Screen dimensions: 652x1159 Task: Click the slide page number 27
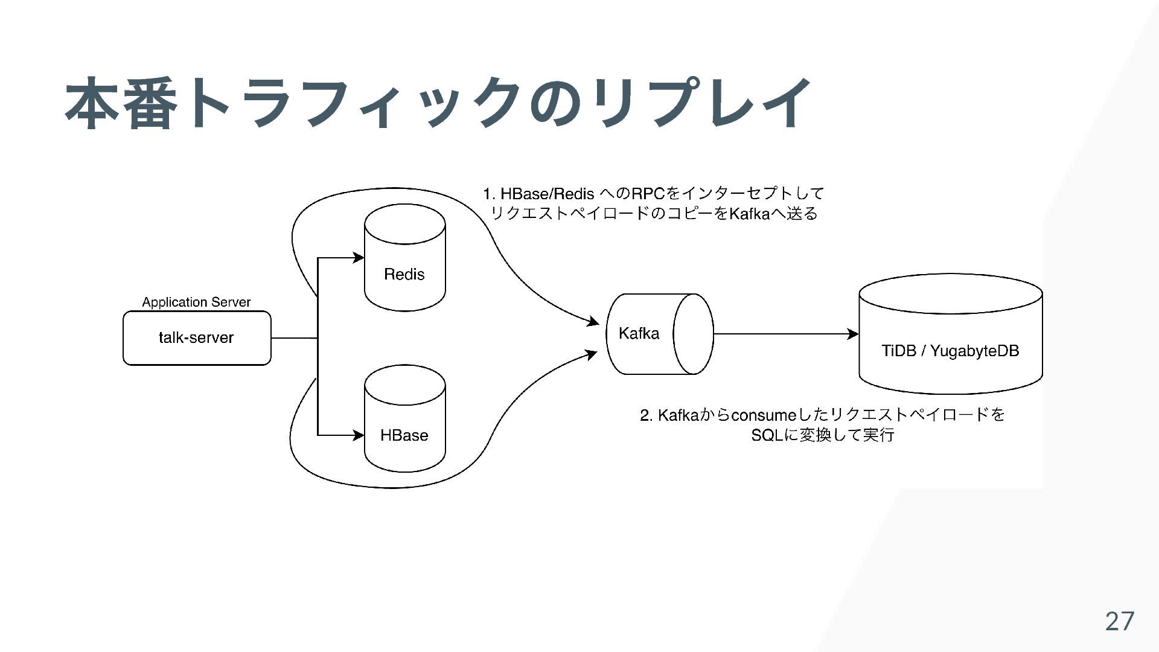1119,621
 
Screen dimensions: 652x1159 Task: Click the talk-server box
197,338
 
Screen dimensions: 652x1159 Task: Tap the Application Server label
196,302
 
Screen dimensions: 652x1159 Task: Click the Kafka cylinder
659,334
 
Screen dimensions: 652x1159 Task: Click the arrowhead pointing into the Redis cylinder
359,258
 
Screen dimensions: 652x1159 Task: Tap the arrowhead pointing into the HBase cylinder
359,435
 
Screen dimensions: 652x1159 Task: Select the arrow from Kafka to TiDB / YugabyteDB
785,334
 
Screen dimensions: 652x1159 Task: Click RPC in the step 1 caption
647,194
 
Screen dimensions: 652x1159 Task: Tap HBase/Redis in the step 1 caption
547,194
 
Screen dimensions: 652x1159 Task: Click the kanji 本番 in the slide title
121,103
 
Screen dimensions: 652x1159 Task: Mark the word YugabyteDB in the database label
974,351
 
